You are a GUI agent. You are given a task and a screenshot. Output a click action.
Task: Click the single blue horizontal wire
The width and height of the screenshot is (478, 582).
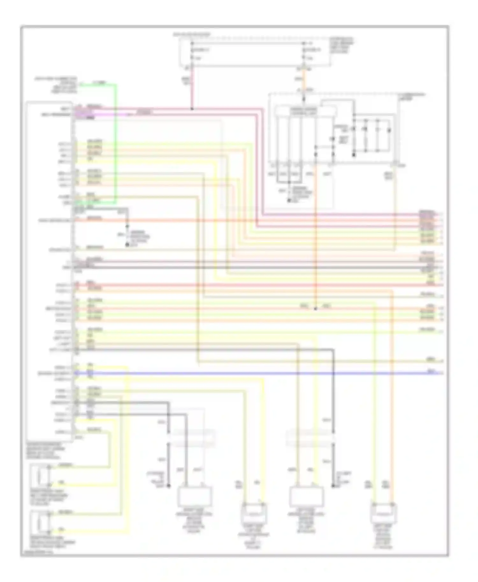(255, 373)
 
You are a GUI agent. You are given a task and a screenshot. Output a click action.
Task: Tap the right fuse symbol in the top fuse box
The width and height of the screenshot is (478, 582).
(304, 50)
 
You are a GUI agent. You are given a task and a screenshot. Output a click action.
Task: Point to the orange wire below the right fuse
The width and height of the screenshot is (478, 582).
(304, 80)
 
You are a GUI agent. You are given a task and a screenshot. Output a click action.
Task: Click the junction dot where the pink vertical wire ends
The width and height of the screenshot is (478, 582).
(192, 109)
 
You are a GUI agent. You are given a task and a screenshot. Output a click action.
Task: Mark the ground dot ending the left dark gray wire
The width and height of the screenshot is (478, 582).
(169, 486)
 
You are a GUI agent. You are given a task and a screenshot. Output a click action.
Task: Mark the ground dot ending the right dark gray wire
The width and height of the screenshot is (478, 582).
(333, 486)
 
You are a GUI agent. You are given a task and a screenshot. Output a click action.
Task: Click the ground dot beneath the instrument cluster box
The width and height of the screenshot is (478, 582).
(289, 201)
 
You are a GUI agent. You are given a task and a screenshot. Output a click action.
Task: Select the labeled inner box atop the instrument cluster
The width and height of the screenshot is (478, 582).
(305, 111)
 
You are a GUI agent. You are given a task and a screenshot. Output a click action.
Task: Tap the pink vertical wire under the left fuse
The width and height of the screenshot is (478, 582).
(192, 89)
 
